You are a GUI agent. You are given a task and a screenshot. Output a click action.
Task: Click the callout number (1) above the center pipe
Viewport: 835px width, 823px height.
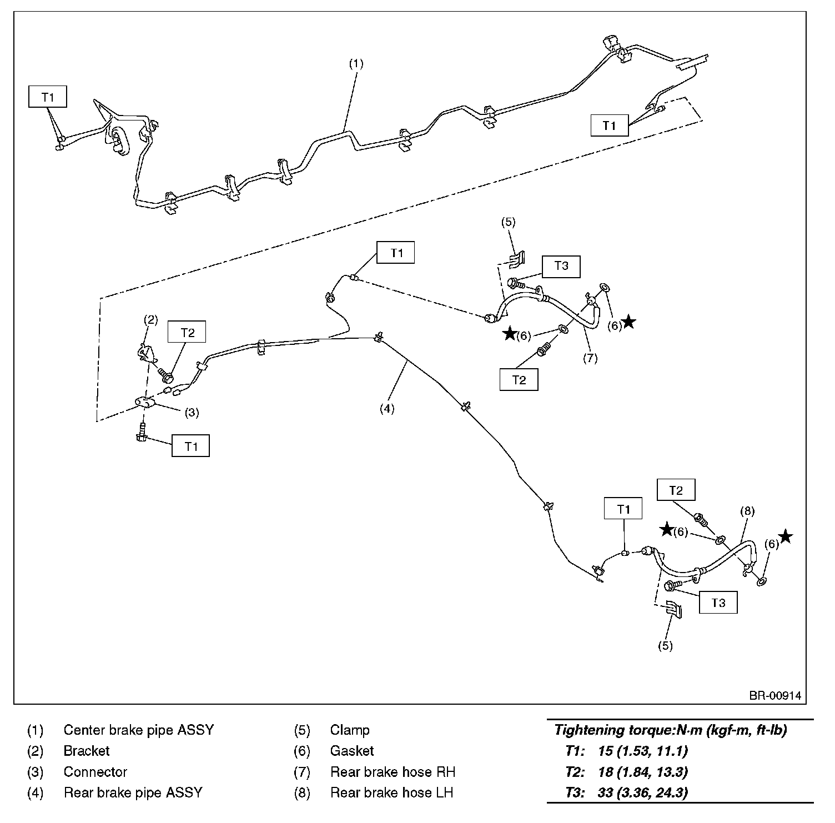[x=356, y=64]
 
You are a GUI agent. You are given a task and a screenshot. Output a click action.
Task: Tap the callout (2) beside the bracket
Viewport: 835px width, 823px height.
[x=150, y=320]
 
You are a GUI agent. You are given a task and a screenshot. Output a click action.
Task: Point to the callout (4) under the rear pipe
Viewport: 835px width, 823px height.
[x=386, y=409]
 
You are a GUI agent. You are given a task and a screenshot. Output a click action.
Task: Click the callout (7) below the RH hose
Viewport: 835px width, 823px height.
[x=590, y=358]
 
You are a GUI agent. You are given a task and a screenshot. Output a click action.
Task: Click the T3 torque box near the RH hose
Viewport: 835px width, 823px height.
[x=561, y=266]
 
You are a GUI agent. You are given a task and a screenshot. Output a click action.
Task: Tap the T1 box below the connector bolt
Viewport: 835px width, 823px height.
[x=190, y=446]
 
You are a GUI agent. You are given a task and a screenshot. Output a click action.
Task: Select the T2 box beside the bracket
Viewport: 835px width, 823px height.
[x=188, y=332]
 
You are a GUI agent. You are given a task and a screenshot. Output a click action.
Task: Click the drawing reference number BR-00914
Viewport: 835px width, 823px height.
[x=774, y=696]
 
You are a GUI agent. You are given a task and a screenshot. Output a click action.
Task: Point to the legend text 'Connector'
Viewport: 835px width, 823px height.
[x=95, y=772]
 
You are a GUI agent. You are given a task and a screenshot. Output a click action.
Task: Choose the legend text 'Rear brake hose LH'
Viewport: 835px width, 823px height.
[x=391, y=792]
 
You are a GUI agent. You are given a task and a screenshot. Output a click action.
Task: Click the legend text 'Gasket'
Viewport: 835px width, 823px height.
[x=351, y=751]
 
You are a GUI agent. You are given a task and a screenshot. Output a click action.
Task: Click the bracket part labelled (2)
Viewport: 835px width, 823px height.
[x=144, y=353]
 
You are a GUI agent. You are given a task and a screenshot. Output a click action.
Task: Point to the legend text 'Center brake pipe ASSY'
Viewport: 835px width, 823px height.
[x=138, y=730]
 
